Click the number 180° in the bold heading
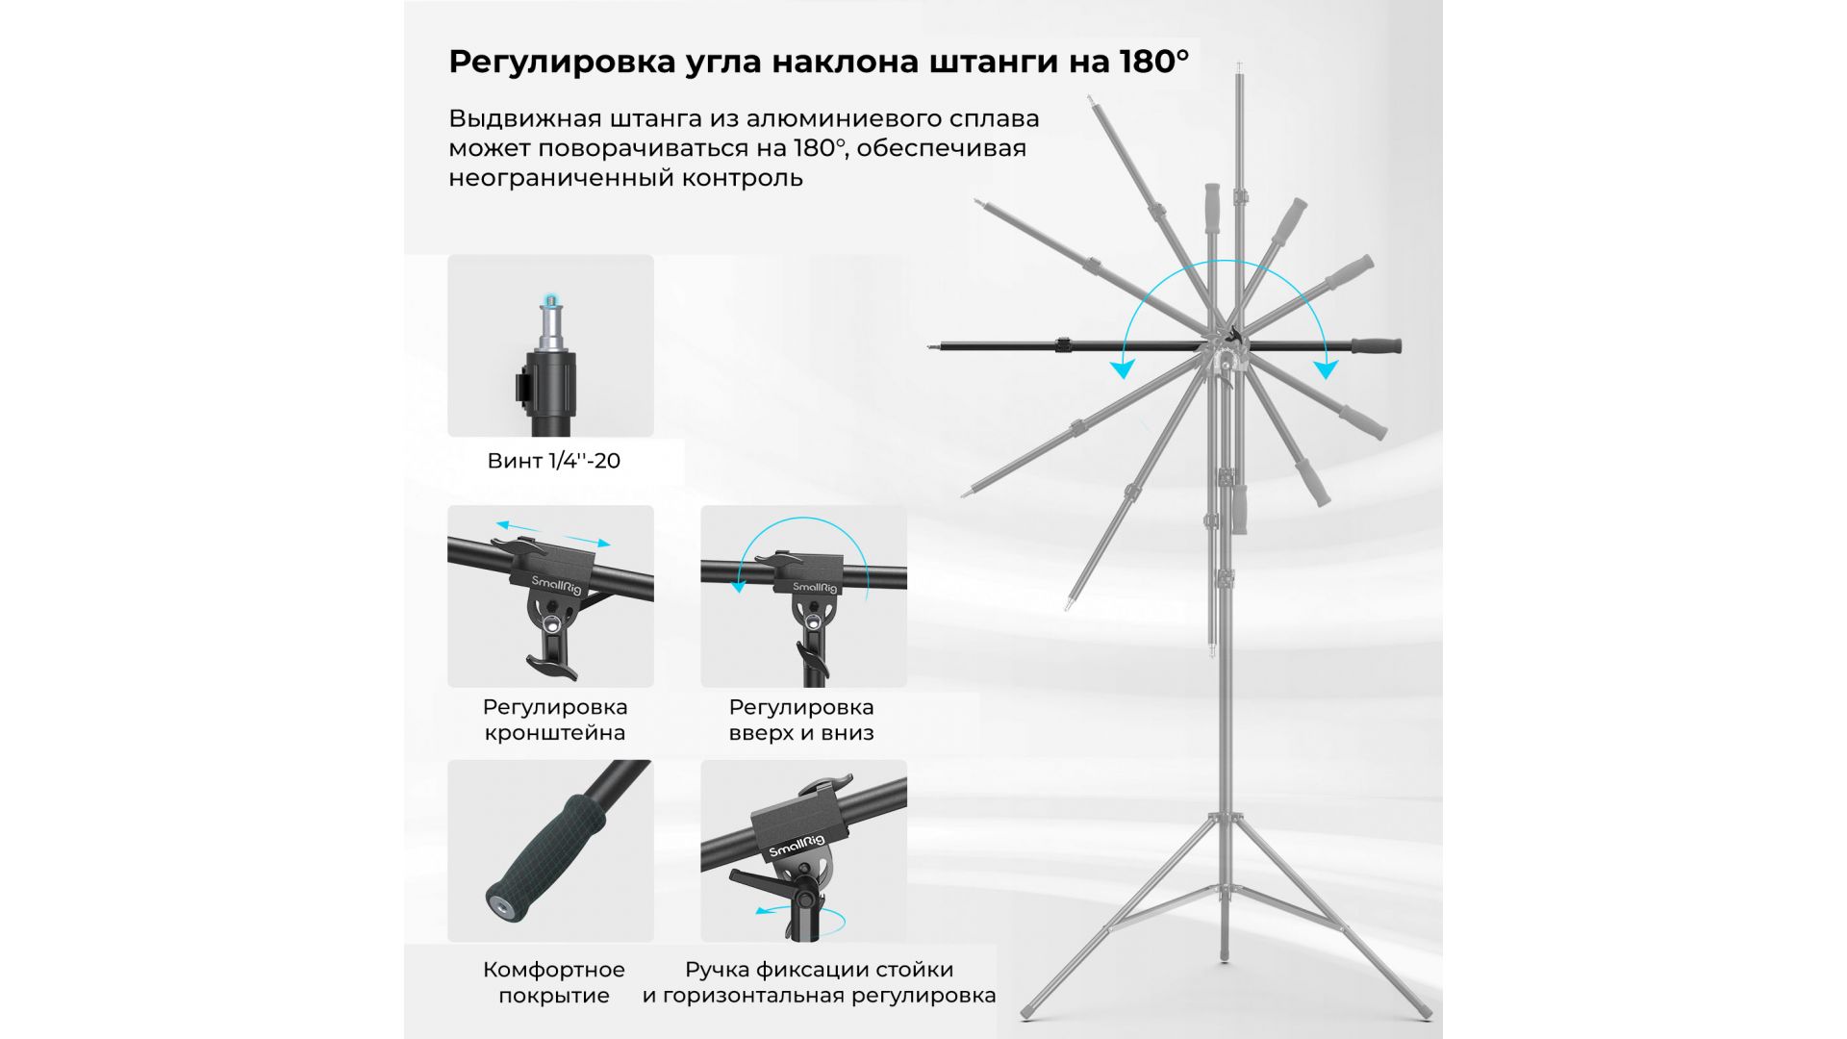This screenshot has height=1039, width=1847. [x=1153, y=62]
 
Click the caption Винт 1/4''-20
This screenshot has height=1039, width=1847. [x=554, y=461]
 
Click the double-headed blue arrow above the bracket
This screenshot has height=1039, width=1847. [x=552, y=533]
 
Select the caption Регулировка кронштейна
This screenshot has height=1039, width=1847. [x=555, y=720]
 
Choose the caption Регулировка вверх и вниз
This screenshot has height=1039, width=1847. [x=801, y=720]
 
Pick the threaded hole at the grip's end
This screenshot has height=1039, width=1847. [x=503, y=905]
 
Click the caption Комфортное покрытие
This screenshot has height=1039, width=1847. [x=554, y=982]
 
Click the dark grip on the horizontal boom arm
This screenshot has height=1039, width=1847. [x=1376, y=346]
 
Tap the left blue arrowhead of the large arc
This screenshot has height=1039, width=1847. [x=1122, y=368]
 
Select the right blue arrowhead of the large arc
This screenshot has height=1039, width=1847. [x=1327, y=368]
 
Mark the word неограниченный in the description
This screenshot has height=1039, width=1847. [x=561, y=178]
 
